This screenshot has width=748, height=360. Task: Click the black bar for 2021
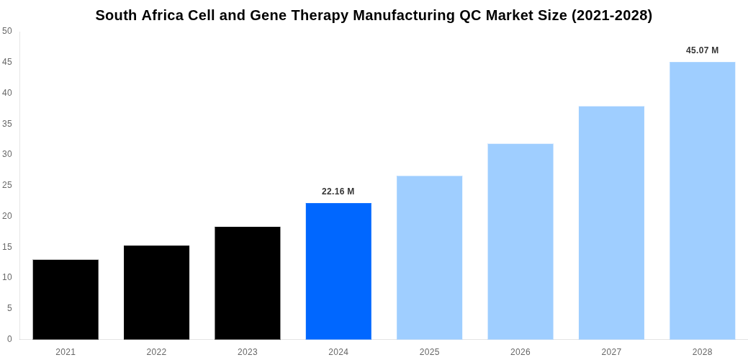66,300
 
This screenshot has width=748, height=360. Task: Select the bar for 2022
156,292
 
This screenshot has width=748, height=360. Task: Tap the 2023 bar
248,283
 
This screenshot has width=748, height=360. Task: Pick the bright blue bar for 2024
338,271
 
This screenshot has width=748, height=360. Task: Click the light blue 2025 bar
429,258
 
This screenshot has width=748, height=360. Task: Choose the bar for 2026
521,241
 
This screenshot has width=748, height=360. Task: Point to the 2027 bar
611,222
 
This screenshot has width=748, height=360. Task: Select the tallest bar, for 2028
702,200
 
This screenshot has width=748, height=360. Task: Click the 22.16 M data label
338,192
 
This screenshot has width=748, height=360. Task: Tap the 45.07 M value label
702,50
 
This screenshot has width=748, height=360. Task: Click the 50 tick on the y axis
7,31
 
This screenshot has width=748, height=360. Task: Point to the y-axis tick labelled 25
7,185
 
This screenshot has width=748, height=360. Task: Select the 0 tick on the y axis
9,339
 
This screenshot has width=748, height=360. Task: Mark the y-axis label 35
7,124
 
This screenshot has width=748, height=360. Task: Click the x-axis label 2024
338,352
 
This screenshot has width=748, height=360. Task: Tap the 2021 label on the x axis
66,352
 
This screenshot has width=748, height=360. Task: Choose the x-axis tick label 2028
702,352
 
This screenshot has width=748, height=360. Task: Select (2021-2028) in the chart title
611,16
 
